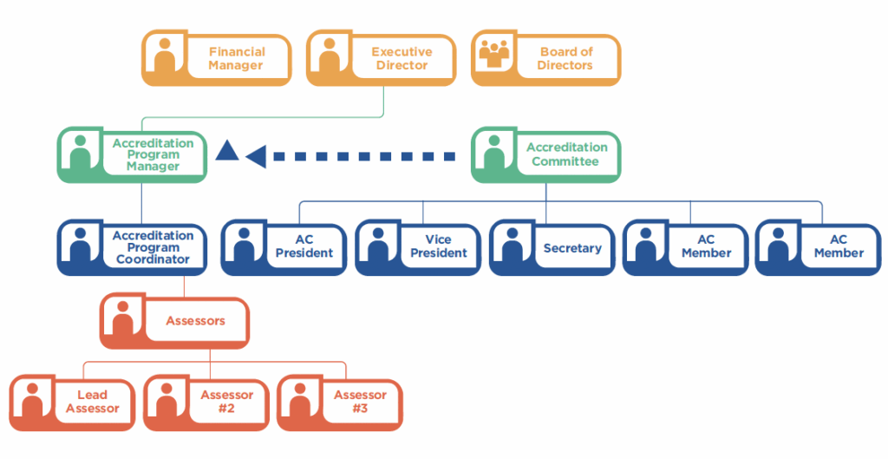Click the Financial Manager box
216,59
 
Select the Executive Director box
381,59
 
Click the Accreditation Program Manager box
132,155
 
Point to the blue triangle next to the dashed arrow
226,152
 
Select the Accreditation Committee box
545,155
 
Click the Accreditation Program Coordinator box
132,248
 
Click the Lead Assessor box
73,403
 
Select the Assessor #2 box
207,403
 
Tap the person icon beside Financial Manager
165,56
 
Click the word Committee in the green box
565,161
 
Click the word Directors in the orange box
565,65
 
